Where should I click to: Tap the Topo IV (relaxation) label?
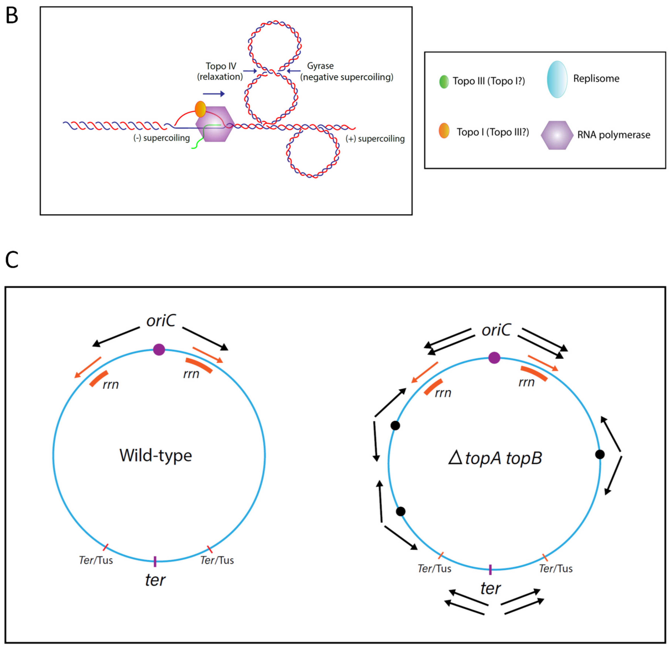pyautogui.click(x=220, y=71)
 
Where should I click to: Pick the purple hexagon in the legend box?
pyautogui.click(x=557, y=135)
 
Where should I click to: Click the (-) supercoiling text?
pyautogui.click(x=161, y=138)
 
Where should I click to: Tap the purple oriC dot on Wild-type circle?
pyautogui.click(x=159, y=350)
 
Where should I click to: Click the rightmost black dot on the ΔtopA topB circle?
pyautogui.click(x=600, y=454)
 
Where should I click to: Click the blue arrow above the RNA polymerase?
pyautogui.click(x=214, y=94)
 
